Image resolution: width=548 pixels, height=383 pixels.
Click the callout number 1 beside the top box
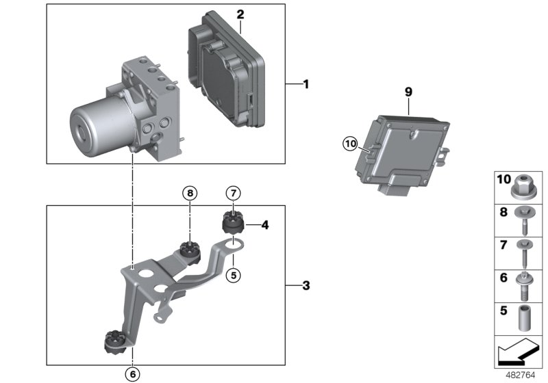306,85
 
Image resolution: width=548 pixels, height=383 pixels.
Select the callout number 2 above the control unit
240,14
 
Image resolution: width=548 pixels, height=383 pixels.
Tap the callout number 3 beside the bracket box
306,285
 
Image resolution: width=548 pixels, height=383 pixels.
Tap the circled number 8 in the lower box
190,194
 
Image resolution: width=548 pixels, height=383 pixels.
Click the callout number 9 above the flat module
408,91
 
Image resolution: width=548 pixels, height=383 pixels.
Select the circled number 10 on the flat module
351,144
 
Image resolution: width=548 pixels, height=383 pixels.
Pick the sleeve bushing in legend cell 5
525,317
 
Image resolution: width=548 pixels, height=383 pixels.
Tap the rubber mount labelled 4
233,223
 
